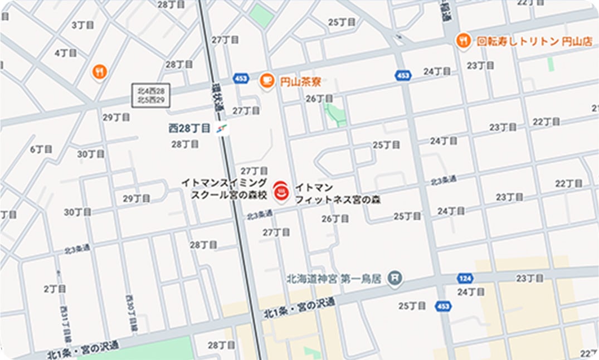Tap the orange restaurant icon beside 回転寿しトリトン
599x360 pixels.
[462, 40]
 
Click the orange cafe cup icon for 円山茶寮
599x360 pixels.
[267, 81]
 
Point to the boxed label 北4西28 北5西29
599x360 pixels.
[150, 95]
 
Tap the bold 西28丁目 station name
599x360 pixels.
[189, 128]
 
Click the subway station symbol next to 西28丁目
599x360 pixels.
[222, 129]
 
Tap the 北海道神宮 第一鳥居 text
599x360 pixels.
[334, 278]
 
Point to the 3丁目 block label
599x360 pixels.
[82, 25]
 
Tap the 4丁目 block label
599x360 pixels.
[66, 53]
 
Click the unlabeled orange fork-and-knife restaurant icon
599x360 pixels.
[99, 71]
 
